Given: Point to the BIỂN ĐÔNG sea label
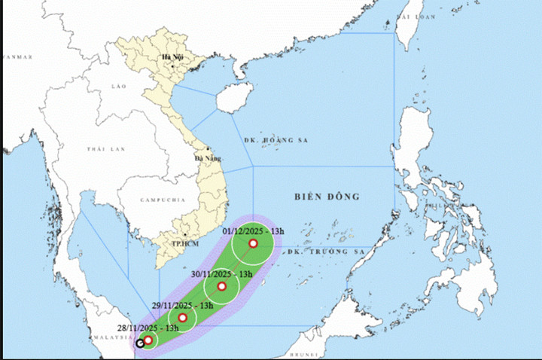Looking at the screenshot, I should pos(326,197).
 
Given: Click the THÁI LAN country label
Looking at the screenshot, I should pos(104,150).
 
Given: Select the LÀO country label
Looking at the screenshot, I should pos(117,87).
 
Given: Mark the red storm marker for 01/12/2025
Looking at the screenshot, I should pos(253,244).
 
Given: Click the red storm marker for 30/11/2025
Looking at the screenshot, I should pos(222,286).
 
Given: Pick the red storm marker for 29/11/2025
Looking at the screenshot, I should pos(182,318).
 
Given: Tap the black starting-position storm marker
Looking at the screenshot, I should pos(140,344).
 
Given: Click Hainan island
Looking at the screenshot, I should pos(234,98).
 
